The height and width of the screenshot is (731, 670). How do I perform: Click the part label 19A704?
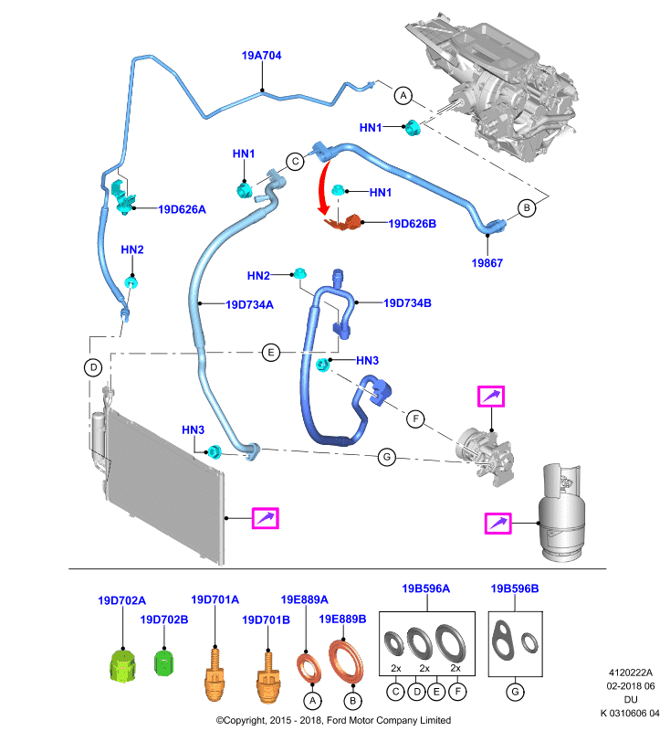[x=261, y=56]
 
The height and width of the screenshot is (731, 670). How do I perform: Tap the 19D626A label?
[x=182, y=209]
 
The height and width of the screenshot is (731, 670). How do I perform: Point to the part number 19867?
[x=487, y=263]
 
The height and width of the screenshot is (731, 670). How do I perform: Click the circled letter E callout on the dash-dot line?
[x=271, y=353]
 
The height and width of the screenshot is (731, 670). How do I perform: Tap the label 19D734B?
[x=407, y=303]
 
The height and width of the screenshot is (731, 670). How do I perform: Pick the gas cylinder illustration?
[x=561, y=512]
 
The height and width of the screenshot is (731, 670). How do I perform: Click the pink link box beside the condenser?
[x=265, y=518]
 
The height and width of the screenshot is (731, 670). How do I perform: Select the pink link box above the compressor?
[x=491, y=397]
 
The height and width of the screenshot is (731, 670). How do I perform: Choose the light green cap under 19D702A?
[x=123, y=665]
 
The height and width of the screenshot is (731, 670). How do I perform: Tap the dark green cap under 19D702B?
[x=163, y=662]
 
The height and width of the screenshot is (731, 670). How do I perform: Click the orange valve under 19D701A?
[x=215, y=674]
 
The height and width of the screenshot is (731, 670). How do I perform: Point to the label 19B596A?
[x=426, y=588]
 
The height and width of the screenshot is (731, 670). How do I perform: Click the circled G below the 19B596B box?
[x=515, y=692]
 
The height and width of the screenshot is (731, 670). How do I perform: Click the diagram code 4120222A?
[x=631, y=673]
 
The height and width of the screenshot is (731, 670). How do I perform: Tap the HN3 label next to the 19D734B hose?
[x=367, y=360]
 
